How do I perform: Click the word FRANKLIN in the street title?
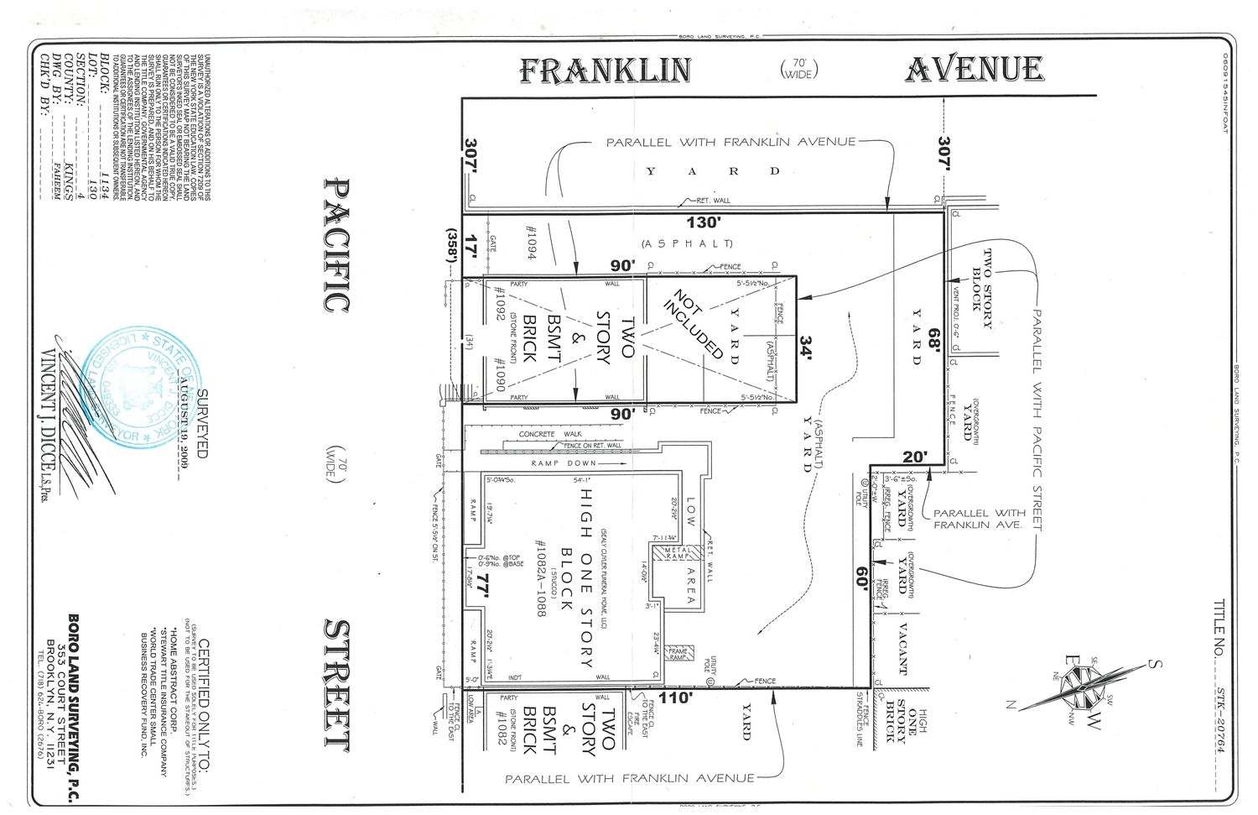[x=605, y=71]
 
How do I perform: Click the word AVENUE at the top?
[x=975, y=69]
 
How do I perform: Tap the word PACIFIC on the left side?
[x=335, y=244]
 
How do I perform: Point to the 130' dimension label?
[x=703, y=223]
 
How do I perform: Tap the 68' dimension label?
[x=933, y=342]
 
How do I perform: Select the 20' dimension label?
[x=915, y=457]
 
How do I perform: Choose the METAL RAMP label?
[x=677, y=554]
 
